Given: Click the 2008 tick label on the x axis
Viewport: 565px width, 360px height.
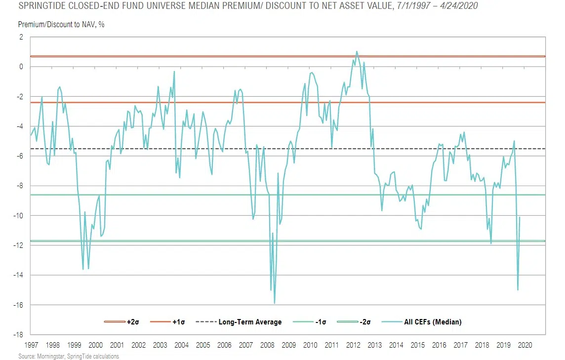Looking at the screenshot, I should click(x=267, y=345).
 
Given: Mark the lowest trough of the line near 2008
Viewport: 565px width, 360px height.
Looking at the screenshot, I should click(x=274, y=303).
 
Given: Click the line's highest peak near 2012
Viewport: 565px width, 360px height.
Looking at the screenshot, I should click(x=357, y=51).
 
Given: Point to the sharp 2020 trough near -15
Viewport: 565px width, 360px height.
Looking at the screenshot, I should click(x=518, y=290).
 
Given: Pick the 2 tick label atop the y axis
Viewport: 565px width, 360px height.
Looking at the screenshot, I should click(x=21, y=37).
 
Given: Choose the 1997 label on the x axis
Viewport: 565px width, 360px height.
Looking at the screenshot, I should click(x=31, y=345).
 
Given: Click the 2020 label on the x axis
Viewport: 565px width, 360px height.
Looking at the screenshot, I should click(x=525, y=345).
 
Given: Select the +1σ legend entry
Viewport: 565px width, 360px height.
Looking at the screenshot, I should click(x=176, y=322).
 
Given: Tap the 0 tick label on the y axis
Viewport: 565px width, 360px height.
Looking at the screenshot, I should click(x=21, y=67).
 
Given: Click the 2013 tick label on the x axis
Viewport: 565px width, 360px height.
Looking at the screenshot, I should click(x=375, y=345).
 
